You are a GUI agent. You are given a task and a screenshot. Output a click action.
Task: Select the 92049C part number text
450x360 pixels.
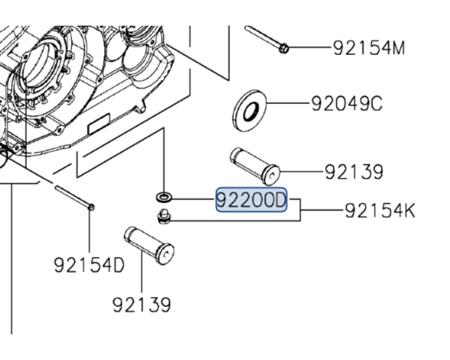(x=347, y=104)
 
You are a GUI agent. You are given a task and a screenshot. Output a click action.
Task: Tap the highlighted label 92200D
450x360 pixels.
(x=251, y=200)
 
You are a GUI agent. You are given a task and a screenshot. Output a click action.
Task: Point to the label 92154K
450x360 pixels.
(x=380, y=211)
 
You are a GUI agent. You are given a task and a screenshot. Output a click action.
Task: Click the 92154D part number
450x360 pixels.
(x=89, y=265)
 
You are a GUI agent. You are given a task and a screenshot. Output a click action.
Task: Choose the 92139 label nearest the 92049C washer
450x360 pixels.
(x=353, y=172)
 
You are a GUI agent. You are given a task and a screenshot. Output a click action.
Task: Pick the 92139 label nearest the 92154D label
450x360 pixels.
(x=142, y=304)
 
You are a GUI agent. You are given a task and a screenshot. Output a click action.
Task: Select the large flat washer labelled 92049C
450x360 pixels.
(x=250, y=111)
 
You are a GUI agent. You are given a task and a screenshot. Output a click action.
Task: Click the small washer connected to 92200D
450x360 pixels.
(x=163, y=197)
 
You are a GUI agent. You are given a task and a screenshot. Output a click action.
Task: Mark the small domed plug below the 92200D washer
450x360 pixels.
(x=163, y=216)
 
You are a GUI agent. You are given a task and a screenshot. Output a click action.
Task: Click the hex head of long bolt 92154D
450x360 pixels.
(x=91, y=207)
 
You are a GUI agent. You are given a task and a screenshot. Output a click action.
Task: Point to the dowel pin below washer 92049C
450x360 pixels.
(x=254, y=166)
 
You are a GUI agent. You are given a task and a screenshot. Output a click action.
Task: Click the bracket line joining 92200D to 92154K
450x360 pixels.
(x=300, y=210)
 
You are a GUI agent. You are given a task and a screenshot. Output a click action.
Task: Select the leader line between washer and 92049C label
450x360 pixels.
(x=288, y=103)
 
